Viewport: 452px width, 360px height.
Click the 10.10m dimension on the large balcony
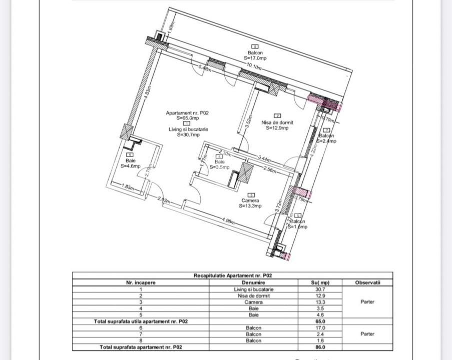click(254, 65)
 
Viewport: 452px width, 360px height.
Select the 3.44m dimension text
click(264, 159)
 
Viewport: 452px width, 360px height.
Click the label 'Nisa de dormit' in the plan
click(277, 122)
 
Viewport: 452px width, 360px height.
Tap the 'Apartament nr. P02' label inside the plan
click(187, 113)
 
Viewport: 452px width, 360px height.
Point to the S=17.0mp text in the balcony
click(255, 58)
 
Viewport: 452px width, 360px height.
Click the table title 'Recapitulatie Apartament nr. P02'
click(233, 275)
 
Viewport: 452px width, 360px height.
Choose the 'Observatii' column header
click(367, 282)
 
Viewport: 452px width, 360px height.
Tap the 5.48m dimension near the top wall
click(204, 68)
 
